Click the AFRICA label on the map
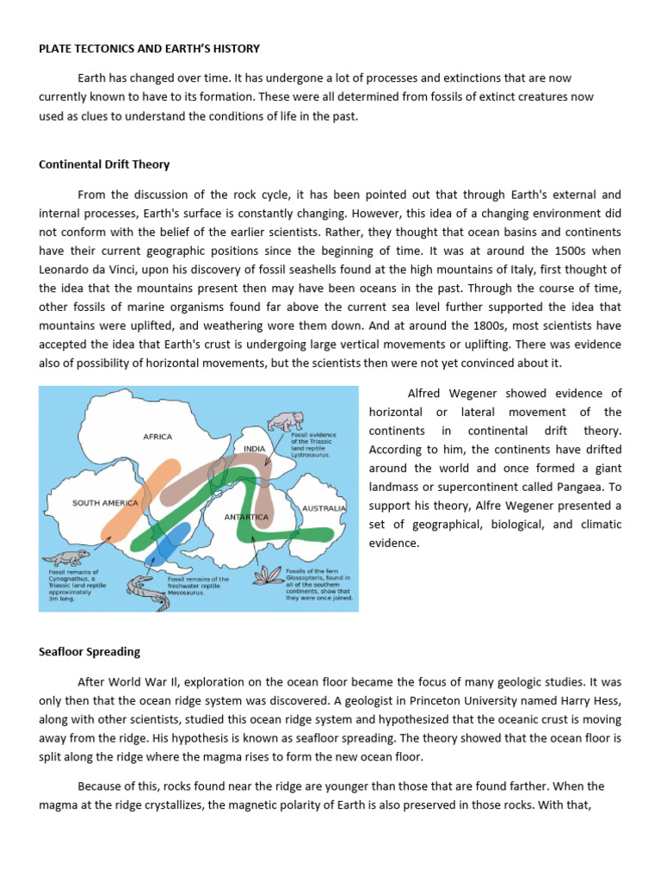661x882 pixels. tap(158, 437)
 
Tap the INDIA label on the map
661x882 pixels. tap(255, 449)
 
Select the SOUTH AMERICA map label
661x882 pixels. tap(106, 502)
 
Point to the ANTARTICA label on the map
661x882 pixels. tap(247, 517)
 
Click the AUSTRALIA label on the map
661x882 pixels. tap(324, 508)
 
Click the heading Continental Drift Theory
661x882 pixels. tap(104, 165)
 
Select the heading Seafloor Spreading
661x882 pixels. tap(90, 651)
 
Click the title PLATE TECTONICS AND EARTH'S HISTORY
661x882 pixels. tap(149, 49)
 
